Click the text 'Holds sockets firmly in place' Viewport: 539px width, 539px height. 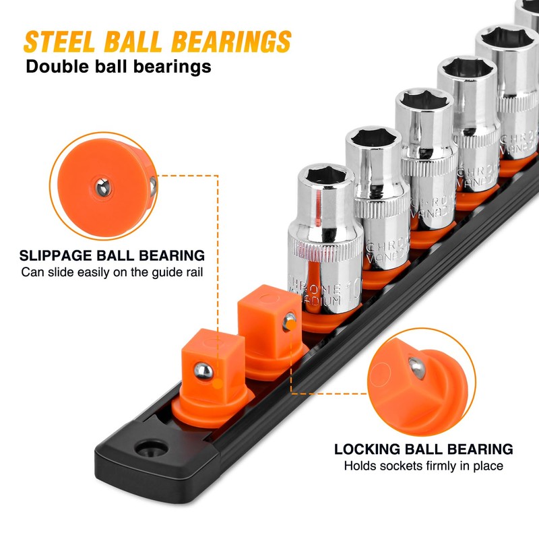click(x=424, y=466)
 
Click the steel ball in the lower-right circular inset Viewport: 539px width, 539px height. click(x=417, y=368)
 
